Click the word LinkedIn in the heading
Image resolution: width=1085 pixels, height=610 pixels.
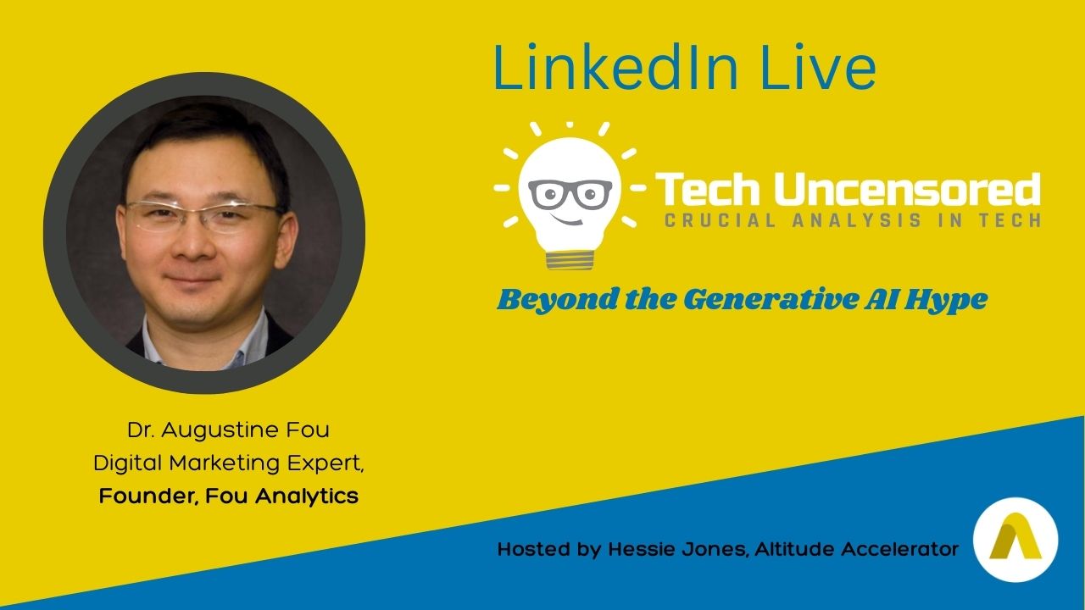[x=616, y=67]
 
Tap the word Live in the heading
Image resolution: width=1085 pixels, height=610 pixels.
[x=818, y=67]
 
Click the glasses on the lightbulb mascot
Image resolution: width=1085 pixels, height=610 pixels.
[x=570, y=194]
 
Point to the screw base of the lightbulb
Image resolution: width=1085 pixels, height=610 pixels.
[x=570, y=260]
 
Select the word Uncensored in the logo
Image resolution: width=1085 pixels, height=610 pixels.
[x=907, y=189]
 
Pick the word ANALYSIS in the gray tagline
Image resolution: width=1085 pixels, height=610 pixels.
[x=857, y=221]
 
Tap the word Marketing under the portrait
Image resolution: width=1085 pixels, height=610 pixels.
[x=225, y=463]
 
